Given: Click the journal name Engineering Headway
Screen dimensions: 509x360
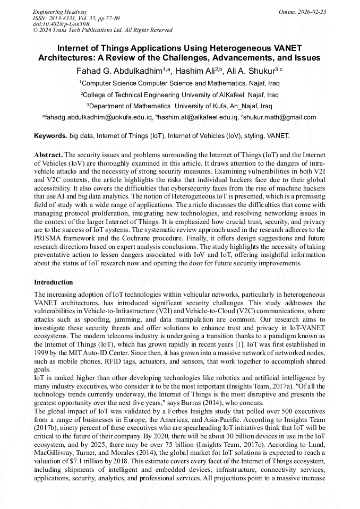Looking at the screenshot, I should (x=60, y=12).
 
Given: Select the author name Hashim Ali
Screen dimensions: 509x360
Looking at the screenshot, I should (x=195, y=71).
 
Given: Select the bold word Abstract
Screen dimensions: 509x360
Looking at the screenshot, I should (x=48, y=153).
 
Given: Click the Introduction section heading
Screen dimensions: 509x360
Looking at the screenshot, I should (x=54, y=282).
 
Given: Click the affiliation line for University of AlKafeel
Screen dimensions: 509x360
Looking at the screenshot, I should (x=179, y=94).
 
